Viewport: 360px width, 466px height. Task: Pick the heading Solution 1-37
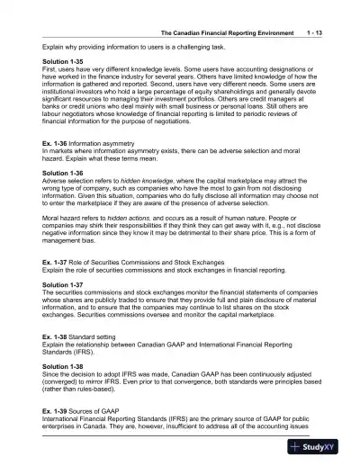[x=63, y=283]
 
